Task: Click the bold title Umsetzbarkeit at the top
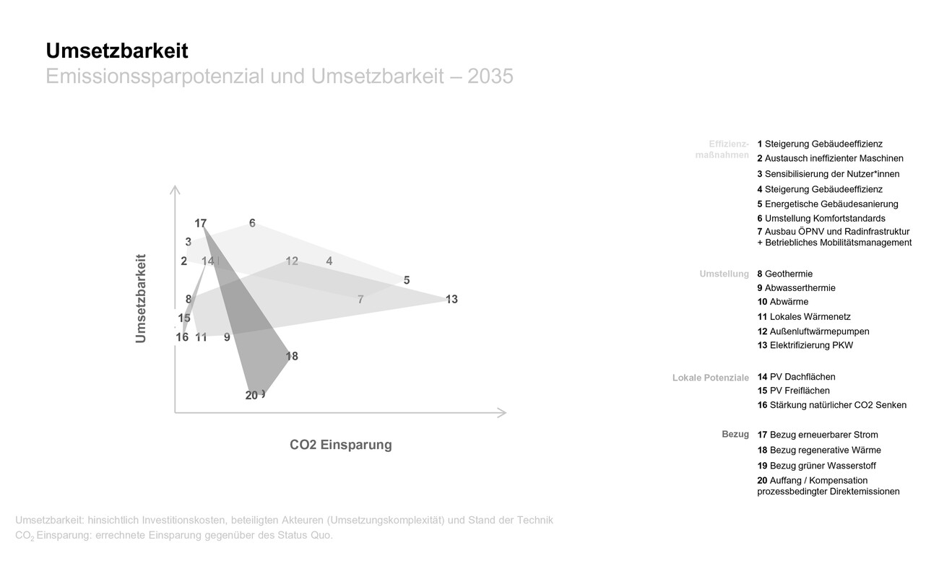(117, 51)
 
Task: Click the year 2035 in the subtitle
(490, 77)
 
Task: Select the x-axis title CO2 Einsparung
(341, 445)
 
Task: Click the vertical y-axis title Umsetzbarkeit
(141, 298)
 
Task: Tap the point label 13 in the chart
(451, 299)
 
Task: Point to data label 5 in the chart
(407, 280)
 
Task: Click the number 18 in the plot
(292, 356)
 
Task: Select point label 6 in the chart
(252, 223)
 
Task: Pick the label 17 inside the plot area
(200, 223)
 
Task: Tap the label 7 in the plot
(360, 299)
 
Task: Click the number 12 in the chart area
(292, 261)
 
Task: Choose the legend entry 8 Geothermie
(784, 274)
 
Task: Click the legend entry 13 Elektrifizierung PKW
(805, 345)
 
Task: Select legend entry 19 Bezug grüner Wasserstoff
(816, 466)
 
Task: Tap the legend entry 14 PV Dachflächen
(796, 377)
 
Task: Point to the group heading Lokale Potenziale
(710, 378)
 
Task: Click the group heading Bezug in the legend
(735, 434)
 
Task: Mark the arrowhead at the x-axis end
(503, 413)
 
